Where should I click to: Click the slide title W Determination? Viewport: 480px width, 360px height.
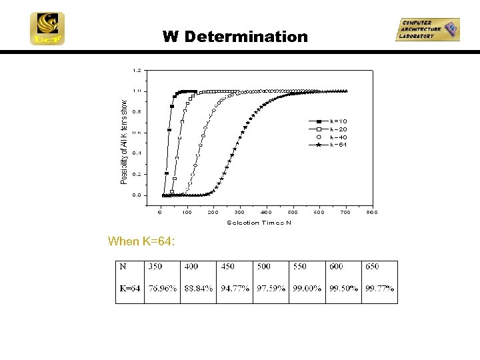tap(235, 37)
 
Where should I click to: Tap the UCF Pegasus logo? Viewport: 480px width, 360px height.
tap(47, 29)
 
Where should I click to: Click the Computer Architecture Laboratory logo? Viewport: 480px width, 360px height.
tap(427, 30)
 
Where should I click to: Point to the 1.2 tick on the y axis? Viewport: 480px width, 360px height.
tap(137, 70)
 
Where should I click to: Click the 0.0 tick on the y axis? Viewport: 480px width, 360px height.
tap(137, 195)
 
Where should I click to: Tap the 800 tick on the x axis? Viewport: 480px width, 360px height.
tap(372, 213)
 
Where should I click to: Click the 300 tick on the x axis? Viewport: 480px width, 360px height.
tap(239, 213)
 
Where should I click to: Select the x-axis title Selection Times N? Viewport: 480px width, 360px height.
tap(259, 223)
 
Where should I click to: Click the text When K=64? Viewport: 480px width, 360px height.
tap(142, 241)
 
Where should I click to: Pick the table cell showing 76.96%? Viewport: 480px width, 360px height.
tap(163, 289)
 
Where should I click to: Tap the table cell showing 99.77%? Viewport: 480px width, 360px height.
tap(379, 289)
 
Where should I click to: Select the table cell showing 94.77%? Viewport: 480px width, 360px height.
tap(235, 289)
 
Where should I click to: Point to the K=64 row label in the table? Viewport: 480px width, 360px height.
tap(130, 289)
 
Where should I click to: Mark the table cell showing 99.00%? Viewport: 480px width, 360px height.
tap(307, 289)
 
